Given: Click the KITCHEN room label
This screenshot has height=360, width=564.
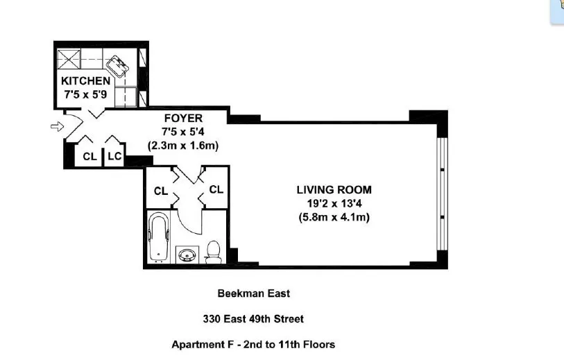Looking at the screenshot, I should (x=85, y=80).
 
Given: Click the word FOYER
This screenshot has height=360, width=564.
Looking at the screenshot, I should (x=183, y=119).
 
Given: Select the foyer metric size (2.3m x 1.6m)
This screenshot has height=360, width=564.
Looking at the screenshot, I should (x=183, y=146).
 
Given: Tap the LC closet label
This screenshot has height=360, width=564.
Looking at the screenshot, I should (x=114, y=157).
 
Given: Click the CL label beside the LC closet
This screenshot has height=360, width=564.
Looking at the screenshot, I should (x=89, y=157).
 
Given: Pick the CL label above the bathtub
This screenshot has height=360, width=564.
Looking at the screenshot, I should (x=160, y=191).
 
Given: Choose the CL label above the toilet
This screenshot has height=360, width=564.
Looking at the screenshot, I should (x=216, y=189).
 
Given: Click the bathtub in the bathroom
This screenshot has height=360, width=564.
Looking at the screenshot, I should (x=159, y=238).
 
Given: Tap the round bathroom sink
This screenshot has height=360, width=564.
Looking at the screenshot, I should (x=187, y=255).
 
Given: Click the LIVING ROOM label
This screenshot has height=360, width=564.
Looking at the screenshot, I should (x=334, y=189).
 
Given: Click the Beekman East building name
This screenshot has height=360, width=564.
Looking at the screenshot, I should (x=253, y=293).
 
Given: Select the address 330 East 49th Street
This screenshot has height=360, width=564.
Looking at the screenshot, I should (x=253, y=319).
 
